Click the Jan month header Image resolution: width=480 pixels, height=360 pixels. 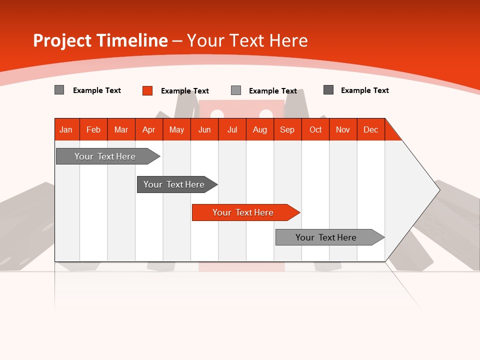pos(66,129)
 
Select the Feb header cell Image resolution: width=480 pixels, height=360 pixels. pos(93,129)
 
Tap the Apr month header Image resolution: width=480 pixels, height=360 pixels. pos(149,129)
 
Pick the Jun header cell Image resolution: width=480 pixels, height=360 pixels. pos(204,129)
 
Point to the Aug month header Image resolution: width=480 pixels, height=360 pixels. pos(260,129)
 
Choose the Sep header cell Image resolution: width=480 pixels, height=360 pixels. pos(287,129)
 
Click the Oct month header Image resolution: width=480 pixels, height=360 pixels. pos(315,129)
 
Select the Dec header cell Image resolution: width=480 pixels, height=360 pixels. pos(371,129)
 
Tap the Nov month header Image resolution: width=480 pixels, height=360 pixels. pos(343,129)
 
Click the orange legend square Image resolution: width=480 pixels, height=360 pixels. pos(147,90)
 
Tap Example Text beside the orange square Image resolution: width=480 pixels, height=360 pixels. pos(184,91)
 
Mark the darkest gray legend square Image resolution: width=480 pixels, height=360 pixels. pos(328,90)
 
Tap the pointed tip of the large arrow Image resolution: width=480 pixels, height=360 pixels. pos(438,189)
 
